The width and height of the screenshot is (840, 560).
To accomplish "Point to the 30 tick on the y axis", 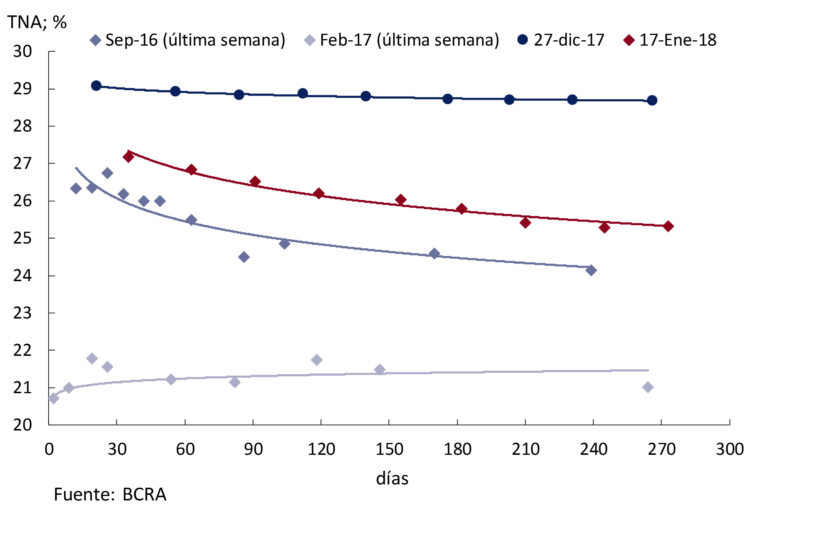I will (x=23, y=52).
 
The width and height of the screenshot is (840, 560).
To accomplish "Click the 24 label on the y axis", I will (x=23, y=276).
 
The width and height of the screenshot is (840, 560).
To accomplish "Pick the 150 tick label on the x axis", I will (x=389, y=449).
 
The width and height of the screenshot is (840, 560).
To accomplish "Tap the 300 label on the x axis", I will (x=730, y=449).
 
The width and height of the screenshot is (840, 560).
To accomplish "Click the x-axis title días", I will (x=392, y=478).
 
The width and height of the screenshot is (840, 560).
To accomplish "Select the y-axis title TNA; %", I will (x=37, y=22).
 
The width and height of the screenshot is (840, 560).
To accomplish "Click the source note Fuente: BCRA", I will (x=110, y=495).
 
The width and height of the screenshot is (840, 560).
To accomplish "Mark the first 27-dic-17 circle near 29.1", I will (x=96, y=86).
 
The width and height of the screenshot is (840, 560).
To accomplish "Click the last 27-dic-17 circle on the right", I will (x=652, y=100).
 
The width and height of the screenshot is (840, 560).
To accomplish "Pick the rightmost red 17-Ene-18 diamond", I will (x=668, y=226).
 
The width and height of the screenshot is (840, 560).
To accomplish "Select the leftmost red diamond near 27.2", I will (x=128, y=157).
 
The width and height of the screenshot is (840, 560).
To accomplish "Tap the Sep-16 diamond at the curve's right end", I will (x=591, y=270).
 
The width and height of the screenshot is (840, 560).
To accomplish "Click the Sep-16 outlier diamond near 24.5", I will (x=244, y=257).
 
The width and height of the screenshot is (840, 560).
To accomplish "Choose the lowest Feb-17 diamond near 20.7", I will (x=53, y=398).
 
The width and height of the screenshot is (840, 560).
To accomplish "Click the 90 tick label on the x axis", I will (x=253, y=449).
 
